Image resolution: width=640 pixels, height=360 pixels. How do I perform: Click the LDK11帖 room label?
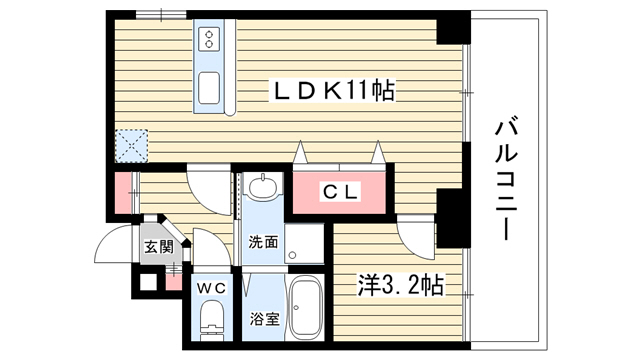334,91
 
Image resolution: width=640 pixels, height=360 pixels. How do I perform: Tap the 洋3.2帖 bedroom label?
401,285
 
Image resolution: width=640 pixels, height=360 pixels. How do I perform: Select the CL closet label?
340,192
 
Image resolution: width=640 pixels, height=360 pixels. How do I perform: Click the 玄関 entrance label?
159,247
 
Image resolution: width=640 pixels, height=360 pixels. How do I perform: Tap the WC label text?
211,289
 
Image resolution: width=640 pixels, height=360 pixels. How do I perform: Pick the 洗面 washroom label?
263,242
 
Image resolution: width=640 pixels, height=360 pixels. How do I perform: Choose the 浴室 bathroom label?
264,318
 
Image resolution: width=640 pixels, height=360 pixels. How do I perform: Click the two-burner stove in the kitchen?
209,39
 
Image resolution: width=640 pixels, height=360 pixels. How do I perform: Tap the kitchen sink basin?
209,88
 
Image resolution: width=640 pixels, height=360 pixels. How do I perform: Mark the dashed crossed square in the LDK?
131,146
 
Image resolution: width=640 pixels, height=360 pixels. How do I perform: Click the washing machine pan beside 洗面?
304,244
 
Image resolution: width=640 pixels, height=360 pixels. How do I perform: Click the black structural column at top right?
453,28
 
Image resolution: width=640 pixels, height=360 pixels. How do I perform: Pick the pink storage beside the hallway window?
123,193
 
